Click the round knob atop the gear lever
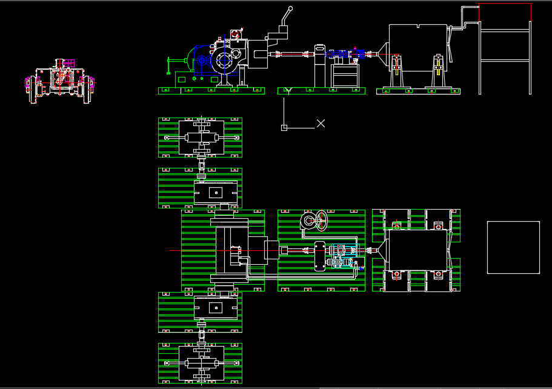coord(291,8)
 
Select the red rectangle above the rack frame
coord(505,13)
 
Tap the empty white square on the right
coord(513,247)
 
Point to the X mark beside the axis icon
coord(321,124)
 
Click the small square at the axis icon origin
coord(284,127)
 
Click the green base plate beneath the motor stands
coord(418,91)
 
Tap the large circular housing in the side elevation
coord(224,61)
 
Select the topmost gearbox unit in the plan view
coord(201,138)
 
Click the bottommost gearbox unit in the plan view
coord(201,363)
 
